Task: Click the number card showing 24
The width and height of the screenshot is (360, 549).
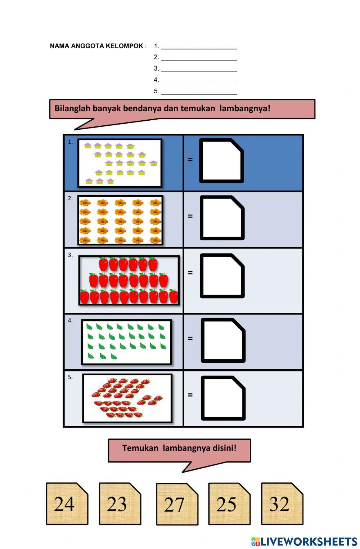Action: click(x=67, y=504)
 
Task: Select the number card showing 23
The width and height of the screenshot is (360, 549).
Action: click(x=120, y=504)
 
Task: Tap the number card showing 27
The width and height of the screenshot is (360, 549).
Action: click(x=177, y=504)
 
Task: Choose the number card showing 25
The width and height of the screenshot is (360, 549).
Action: click(x=229, y=504)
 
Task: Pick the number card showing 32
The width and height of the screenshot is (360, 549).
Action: click(x=282, y=504)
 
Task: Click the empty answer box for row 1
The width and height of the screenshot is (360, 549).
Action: click(x=221, y=161)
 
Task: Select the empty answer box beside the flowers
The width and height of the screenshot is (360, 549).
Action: click(x=222, y=218)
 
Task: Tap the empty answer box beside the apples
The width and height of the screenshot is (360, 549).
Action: click(x=222, y=276)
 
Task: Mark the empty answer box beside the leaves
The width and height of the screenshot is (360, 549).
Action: click(x=223, y=340)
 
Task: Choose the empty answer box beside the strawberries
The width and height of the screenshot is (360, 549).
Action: click(x=223, y=398)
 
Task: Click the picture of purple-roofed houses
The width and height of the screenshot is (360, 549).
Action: click(x=120, y=163)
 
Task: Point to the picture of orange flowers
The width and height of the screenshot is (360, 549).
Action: click(x=120, y=220)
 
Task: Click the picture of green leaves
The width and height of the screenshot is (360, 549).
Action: click(x=126, y=342)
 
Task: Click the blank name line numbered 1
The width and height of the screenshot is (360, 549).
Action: click(x=199, y=47)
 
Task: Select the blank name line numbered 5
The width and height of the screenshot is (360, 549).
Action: click(x=199, y=92)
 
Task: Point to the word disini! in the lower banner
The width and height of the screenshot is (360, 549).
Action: click(x=225, y=448)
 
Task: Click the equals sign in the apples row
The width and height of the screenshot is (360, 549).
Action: click(x=190, y=273)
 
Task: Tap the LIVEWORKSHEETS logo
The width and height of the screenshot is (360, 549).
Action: click(x=304, y=541)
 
